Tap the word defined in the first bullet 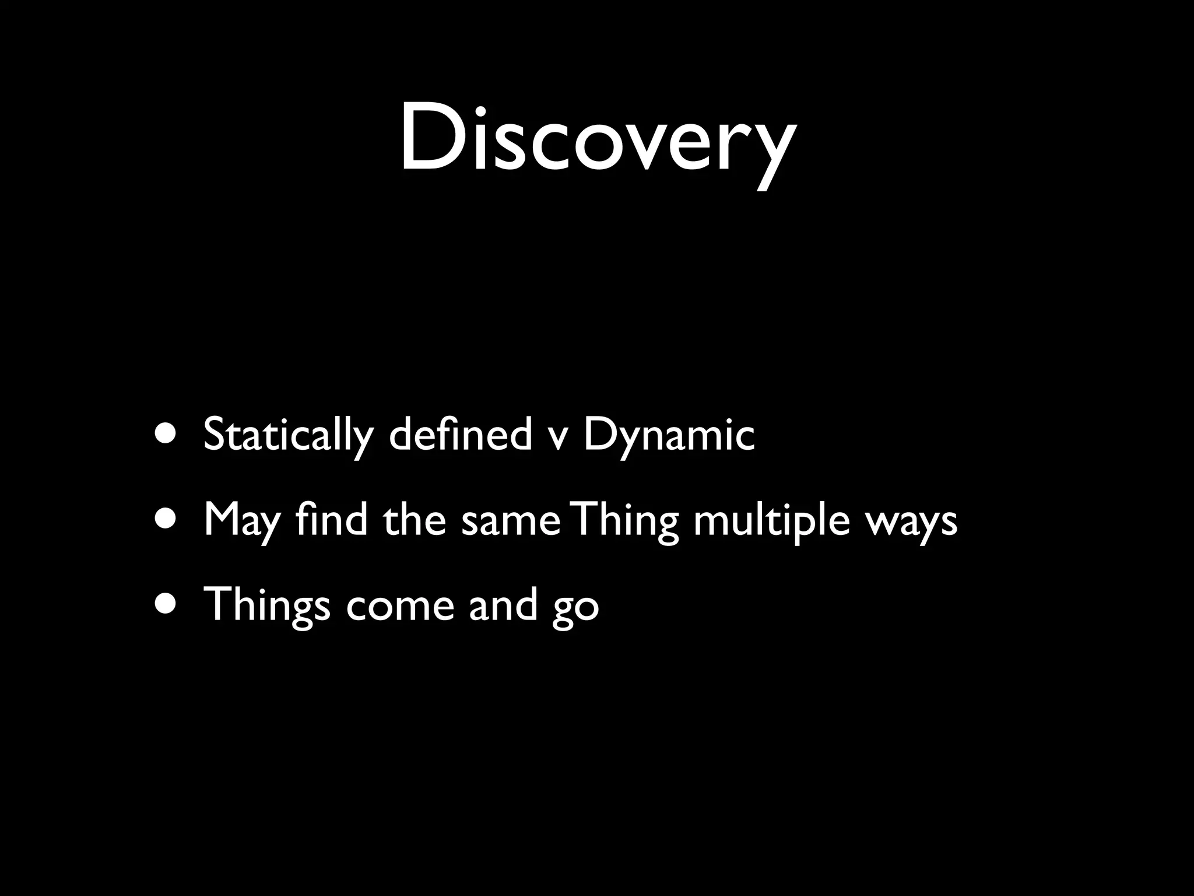pyautogui.click(x=460, y=435)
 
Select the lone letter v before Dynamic pyautogui.click(x=557, y=437)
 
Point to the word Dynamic pyautogui.click(x=669, y=435)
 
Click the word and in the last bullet pyautogui.click(x=503, y=604)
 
